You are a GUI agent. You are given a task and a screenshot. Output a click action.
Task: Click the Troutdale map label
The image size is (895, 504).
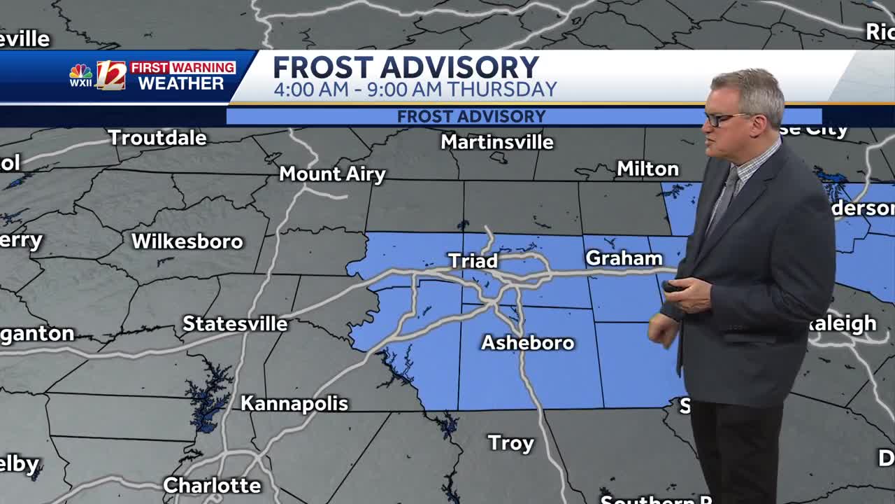pyautogui.click(x=157, y=138)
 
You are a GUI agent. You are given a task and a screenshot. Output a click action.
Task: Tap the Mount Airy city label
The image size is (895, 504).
pyautogui.click(x=332, y=174)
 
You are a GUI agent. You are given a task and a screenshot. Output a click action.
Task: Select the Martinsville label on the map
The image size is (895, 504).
pyautogui.click(x=496, y=142)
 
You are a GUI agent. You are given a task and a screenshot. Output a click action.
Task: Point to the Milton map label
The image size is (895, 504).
pyautogui.click(x=647, y=169)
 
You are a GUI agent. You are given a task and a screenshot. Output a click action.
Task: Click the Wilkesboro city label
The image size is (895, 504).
pyautogui.click(x=187, y=241)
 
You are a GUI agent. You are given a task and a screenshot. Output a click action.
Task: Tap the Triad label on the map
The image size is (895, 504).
pyautogui.click(x=473, y=261)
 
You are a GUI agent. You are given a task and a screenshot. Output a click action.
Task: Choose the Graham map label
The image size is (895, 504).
pyautogui.click(x=624, y=258)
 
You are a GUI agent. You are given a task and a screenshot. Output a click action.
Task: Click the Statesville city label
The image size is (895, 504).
pyautogui.click(x=235, y=324)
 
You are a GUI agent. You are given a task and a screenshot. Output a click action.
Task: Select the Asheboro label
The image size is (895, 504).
pyautogui.click(x=527, y=343)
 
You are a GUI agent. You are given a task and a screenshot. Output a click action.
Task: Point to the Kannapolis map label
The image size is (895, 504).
pyautogui.click(x=294, y=404)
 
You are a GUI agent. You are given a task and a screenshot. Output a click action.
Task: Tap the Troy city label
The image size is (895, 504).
pyautogui.click(x=510, y=443)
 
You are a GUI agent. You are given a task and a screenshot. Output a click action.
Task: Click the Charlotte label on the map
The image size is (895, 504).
pyautogui.click(x=211, y=485)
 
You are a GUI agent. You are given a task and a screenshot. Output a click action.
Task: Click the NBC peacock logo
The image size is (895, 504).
pyautogui.click(x=80, y=73)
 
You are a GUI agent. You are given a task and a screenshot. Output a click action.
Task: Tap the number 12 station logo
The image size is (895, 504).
pyautogui.click(x=111, y=76)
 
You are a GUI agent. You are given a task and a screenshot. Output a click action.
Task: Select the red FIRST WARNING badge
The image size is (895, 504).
pyautogui.click(x=182, y=67)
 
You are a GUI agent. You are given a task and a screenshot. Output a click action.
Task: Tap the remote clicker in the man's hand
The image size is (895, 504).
pyautogui.click(x=673, y=286)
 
